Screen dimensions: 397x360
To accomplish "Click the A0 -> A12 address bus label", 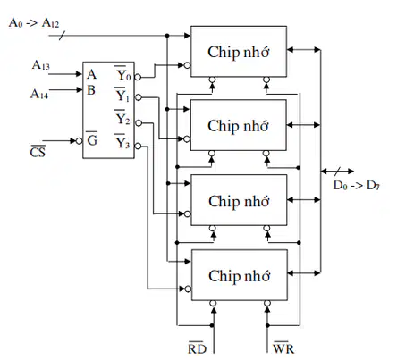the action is (34, 23).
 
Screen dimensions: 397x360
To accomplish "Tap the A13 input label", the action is (40, 65).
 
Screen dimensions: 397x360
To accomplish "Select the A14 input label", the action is (39, 94).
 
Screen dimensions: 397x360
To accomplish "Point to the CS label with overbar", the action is (38, 152).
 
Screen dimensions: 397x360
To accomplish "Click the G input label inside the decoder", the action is (92, 138).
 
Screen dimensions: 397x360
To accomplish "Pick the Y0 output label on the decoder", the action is (123, 73).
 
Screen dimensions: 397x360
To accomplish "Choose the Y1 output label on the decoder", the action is (122, 95).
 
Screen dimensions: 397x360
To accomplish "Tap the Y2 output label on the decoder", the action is (122, 118).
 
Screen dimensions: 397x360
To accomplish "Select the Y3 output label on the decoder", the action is (122, 141).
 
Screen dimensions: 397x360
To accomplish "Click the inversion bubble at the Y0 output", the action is (138, 77).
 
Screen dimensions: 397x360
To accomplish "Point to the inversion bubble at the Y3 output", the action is (138, 146).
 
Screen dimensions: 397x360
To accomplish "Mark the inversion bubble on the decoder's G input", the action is (79, 141).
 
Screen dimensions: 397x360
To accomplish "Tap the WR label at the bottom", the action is (283, 347).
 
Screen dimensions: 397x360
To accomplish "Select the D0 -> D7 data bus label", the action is (356, 186).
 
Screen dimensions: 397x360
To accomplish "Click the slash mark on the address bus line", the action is (62, 36).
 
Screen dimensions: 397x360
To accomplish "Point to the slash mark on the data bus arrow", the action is (337, 172).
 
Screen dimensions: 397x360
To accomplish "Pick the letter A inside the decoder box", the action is (91, 74).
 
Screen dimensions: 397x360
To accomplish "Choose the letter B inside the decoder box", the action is (91, 90).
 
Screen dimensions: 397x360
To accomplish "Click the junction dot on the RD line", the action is (212, 325).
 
